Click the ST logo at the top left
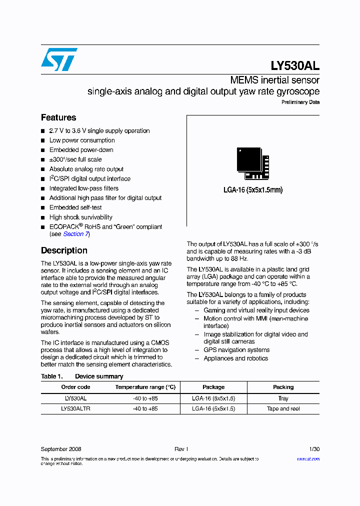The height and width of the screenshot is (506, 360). (59, 59)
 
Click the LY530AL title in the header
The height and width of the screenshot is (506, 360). (294, 65)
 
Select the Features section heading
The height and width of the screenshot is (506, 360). (58, 117)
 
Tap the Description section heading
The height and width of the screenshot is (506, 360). (64, 250)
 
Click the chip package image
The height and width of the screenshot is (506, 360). (252, 163)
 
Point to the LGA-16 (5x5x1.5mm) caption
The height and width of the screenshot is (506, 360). (253, 189)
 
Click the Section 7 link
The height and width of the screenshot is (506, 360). (75, 234)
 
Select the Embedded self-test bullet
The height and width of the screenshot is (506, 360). (75, 207)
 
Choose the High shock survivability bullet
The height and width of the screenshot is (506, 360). (80, 217)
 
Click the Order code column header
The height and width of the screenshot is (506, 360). (75, 387)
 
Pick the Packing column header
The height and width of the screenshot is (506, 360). (283, 387)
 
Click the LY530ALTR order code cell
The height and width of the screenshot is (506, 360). (75, 408)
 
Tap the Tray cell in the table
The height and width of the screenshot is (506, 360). (283, 398)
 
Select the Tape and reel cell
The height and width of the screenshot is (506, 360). (283, 408)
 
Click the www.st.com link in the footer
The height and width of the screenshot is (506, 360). (308, 459)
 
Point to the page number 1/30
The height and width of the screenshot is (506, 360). (314, 449)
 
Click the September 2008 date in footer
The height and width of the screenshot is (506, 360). (61, 449)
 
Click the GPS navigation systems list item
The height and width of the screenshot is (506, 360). (236, 350)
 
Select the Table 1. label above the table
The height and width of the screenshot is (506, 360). (51, 376)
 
